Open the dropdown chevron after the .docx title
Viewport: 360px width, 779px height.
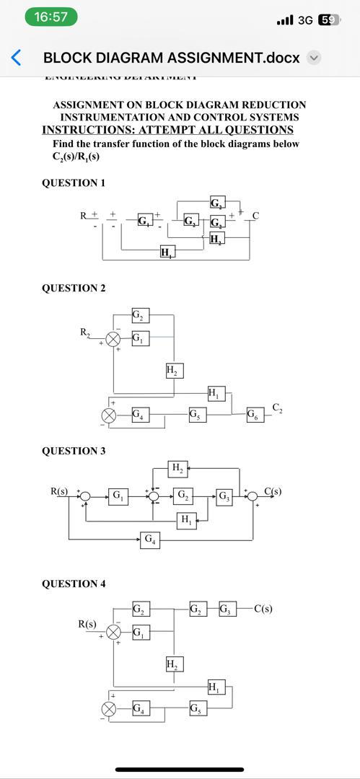pos(314,58)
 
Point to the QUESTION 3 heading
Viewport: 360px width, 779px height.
pos(74,451)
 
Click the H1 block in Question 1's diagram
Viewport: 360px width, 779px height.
pos(166,252)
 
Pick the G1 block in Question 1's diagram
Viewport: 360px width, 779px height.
pos(144,219)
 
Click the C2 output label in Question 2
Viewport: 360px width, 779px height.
pos(278,408)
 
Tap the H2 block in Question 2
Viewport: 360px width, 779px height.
pos(173,371)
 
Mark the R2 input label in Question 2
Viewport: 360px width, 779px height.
pos(85,333)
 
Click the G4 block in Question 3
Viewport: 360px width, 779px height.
pos(149,540)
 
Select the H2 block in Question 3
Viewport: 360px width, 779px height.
pos(177,469)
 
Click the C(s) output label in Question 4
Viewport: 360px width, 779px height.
pos(263,608)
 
